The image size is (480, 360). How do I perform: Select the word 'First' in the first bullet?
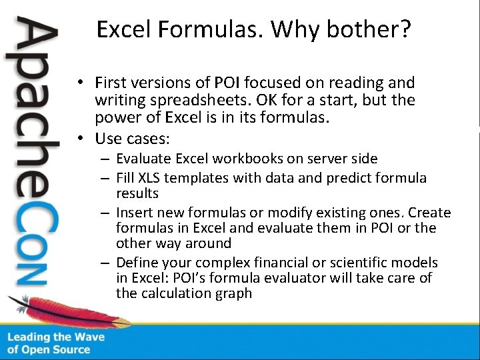click(111, 83)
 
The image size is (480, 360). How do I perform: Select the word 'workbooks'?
click(239, 159)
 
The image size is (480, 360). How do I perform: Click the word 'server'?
click(317, 159)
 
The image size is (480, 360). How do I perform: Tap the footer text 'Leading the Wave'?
click(56, 337)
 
